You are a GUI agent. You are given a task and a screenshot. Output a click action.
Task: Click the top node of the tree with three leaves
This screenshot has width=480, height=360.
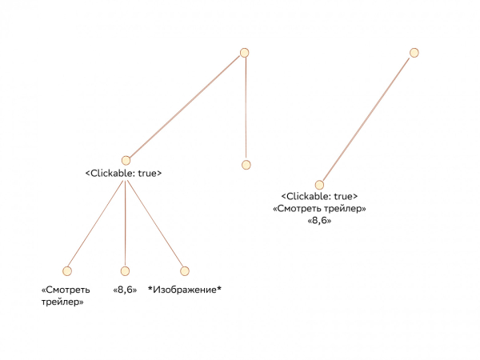pos(245,53)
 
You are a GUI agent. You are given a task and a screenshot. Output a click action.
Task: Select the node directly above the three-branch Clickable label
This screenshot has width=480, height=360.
pos(126,160)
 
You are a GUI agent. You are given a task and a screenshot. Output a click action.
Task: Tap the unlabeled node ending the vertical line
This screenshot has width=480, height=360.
pos(246,165)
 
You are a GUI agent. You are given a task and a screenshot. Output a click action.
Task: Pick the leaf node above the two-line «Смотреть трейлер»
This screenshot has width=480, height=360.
pos(67,271)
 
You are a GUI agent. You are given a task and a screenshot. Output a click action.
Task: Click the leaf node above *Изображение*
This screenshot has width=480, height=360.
pos(185,271)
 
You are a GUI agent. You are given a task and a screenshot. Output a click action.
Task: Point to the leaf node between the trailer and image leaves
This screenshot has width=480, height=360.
pos(125,271)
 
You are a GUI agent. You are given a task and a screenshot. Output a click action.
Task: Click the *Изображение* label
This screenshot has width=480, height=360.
pos(185,290)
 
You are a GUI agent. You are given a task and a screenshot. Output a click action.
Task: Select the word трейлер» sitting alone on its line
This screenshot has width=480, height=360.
pos(62,303)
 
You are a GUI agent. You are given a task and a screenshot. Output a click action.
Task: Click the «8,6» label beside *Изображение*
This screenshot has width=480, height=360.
pos(125,290)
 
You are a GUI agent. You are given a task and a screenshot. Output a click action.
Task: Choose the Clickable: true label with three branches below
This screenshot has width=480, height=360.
pos(124,173)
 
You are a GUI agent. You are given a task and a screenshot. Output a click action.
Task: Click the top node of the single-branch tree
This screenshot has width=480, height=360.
pos(414,53)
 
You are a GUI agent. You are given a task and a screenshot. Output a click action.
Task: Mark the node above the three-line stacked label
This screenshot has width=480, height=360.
pos(319,185)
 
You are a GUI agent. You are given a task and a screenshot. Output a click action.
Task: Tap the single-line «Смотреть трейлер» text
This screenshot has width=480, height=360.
pos(319,209)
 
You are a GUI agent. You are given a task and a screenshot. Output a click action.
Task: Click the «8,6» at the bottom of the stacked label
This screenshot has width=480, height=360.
pos(319,220)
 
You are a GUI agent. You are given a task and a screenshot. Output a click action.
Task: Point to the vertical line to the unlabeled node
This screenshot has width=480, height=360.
pos(246,108)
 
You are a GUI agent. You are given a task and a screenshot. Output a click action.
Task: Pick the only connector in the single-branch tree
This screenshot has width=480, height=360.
pos(366,119)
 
